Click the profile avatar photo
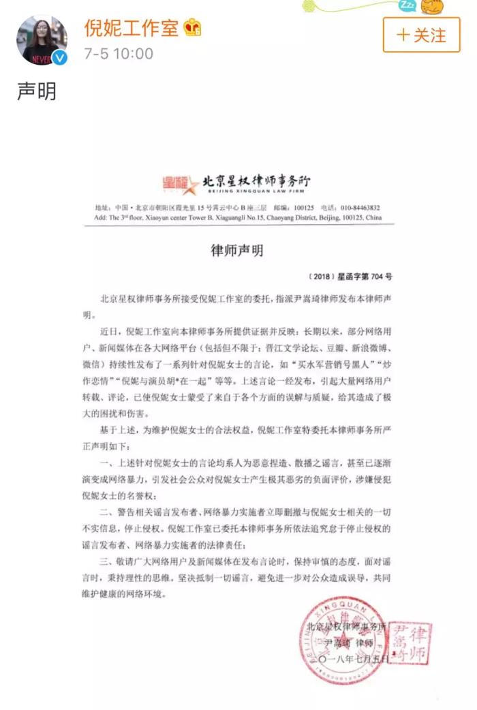click(x=42, y=40)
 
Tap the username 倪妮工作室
click(x=132, y=28)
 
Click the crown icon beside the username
click(x=192, y=28)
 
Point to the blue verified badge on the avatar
click(x=60, y=58)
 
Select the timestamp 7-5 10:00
click(x=118, y=53)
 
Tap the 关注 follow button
click(x=421, y=35)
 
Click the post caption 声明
click(x=37, y=91)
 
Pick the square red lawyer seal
click(x=409, y=643)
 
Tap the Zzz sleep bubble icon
click(x=407, y=6)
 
